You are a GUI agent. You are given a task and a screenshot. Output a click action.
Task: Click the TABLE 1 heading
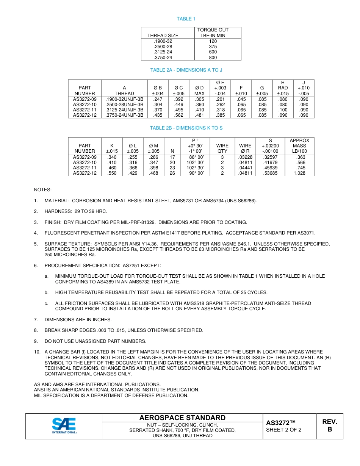pyautogui.click(x=186, y=19)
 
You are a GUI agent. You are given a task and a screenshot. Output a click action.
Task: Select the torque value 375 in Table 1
pyautogui.click(x=213, y=47)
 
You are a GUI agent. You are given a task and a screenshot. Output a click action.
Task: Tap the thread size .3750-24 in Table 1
pyautogui.click(x=163, y=58)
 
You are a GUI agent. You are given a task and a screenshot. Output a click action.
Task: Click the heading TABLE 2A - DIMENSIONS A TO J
pyautogui.click(x=186, y=70)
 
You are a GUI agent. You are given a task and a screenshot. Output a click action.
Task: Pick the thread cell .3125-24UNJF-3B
pyautogui.click(x=124, y=110)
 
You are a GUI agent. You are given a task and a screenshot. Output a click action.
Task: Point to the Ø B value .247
pyautogui.click(x=158, y=99)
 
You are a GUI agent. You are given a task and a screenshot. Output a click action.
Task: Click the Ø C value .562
pyautogui.click(x=178, y=116)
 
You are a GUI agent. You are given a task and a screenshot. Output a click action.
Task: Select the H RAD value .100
pyautogui.click(x=283, y=110)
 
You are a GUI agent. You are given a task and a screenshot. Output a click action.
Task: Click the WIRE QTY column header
pyautogui.click(x=222, y=148)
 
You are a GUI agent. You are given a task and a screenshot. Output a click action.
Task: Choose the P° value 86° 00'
pyautogui.click(x=196, y=157)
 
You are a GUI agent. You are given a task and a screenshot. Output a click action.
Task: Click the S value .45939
pyautogui.click(x=270, y=168)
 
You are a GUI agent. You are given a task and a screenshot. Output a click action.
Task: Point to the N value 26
pyautogui.click(x=172, y=173)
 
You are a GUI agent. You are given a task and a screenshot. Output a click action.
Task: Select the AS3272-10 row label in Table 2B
pyautogui.click(x=85, y=163)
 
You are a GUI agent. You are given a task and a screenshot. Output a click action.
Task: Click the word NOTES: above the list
pyautogui.click(x=43, y=190)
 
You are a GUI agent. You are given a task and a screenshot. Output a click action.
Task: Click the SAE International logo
pyautogui.click(x=64, y=425)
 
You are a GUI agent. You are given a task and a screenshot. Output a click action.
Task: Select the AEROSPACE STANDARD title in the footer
pyautogui.click(x=182, y=418)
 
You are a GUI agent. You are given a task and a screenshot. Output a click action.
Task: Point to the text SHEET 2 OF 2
pyautogui.click(x=284, y=430)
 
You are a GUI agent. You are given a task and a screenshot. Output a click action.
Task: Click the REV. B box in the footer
pyautogui.click(x=330, y=425)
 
